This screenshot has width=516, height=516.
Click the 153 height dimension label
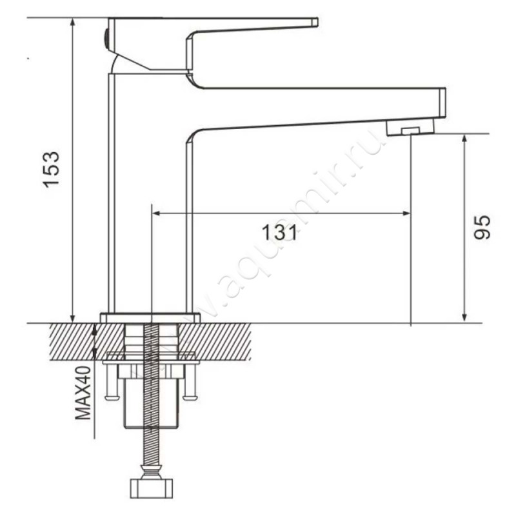pyautogui.click(x=52, y=169)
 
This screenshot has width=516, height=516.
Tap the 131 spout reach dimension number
pyautogui.click(x=279, y=232)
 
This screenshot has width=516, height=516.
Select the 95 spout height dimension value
pyautogui.click(x=482, y=227)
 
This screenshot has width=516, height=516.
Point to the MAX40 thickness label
pyautogui.click(x=83, y=393)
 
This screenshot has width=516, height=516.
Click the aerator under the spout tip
pyautogui.click(x=410, y=127)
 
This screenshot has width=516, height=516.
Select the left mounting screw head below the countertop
pyautogui.click(x=111, y=398)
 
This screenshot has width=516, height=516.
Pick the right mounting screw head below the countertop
pyautogui.click(x=190, y=398)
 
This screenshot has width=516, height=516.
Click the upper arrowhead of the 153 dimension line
pyautogui.click(x=73, y=22)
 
